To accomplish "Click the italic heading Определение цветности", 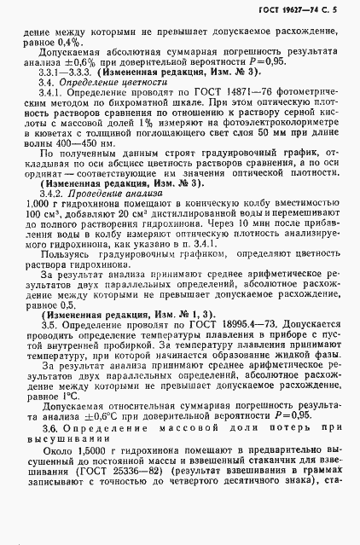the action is (90, 85).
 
